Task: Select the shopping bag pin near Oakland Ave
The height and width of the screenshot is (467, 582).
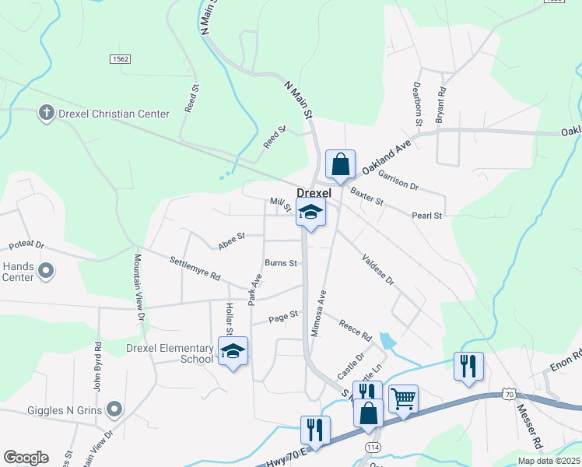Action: tap(340, 165)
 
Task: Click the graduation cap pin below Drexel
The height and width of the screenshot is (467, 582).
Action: tap(310, 212)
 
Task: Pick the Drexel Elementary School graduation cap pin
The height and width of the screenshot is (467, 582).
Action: tap(233, 352)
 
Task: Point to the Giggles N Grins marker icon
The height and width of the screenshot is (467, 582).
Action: tap(115, 408)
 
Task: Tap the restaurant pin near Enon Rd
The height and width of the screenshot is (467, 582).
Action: tap(468, 367)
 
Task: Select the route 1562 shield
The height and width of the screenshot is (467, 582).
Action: tap(120, 59)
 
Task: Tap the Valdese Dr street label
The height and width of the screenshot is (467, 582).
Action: tap(378, 269)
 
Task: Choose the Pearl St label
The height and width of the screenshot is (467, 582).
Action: tap(427, 216)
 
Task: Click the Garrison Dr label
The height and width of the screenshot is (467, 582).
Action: tap(398, 181)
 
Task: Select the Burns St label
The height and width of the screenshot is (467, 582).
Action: tap(281, 263)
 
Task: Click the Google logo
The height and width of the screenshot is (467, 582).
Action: tap(26, 458)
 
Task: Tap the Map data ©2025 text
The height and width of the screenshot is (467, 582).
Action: tap(549, 461)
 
